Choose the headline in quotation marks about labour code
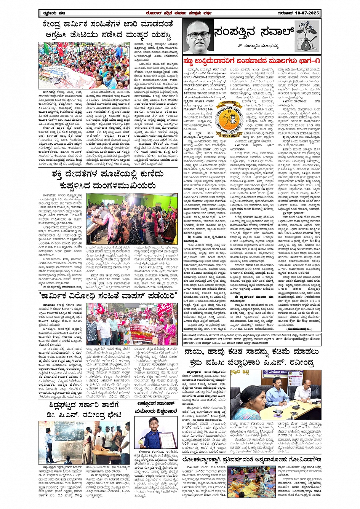click(108, 296)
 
